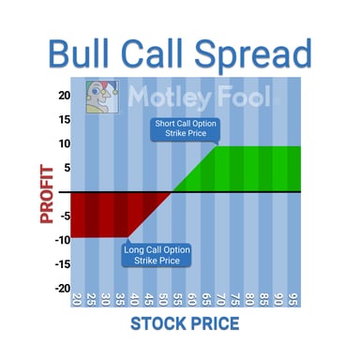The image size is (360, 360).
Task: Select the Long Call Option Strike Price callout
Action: [x=157, y=254]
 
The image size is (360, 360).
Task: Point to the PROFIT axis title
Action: [x=46, y=191]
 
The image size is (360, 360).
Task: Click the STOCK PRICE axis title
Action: [x=185, y=324]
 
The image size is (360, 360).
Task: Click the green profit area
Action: [x=253, y=169]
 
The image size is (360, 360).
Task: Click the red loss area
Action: [x=103, y=213]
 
